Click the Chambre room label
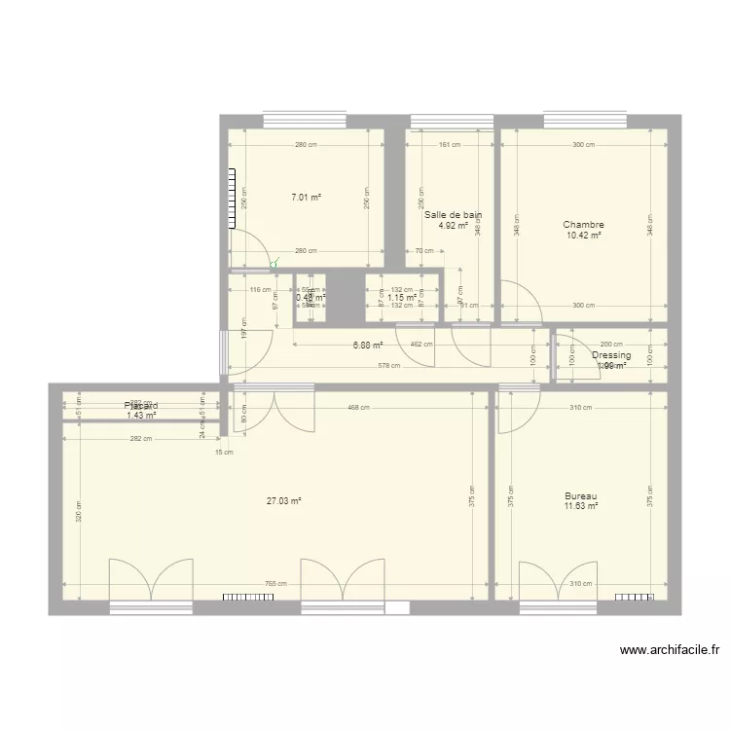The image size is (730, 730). pyautogui.click(x=583, y=225)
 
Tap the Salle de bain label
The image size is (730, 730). pyautogui.click(x=454, y=215)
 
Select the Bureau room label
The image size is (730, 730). pyautogui.click(x=580, y=495)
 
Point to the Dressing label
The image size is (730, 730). pyautogui.click(x=611, y=355)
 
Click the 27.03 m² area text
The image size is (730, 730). pyautogui.click(x=284, y=501)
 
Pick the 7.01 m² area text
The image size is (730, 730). pyautogui.click(x=306, y=198)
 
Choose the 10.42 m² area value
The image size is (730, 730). pyautogui.click(x=583, y=236)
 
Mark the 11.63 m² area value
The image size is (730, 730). pyautogui.click(x=580, y=506)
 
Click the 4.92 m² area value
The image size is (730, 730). pyautogui.click(x=454, y=226)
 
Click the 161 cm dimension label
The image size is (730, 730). pyautogui.click(x=450, y=145)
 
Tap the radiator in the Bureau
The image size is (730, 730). pyautogui.click(x=634, y=597)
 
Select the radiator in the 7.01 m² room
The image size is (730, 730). pyautogui.click(x=234, y=199)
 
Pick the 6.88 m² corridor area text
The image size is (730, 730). pyautogui.click(x=368, y=345)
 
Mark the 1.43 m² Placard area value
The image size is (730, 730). pyautogui.click(x=141, y=416)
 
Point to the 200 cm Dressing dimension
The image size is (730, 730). pyautogui.click(x=611, y=345)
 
